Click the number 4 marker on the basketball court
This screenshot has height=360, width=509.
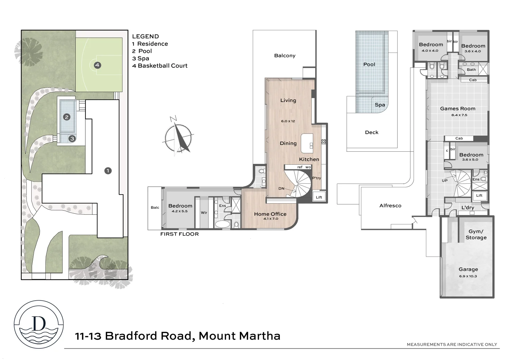tap(97, 65)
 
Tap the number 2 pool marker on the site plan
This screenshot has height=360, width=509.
tap(67, 117)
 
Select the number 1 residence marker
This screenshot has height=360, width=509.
tap(108, 171)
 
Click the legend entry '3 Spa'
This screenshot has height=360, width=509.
tap(141, 58)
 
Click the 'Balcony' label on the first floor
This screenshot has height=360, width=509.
tap(285, 56)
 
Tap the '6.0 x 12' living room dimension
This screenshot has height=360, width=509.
tap(288, 121)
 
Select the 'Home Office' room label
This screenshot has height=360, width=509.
tap(270, 214)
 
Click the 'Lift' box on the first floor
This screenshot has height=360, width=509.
tap(319, 197)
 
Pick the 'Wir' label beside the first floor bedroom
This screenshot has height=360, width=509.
tap(204, 213)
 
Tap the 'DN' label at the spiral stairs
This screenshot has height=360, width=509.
tap(281, 189)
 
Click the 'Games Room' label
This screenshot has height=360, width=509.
tap(458, 109)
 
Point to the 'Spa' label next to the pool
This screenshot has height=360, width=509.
tap(380, 105)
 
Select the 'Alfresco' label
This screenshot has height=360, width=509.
tap(390, 206)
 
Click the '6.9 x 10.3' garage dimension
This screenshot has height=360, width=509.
tap(468, 276)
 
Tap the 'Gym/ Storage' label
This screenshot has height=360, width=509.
tap(476, 235)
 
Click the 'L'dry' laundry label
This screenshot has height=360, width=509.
tap(468, 208)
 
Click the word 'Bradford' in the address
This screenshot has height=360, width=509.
tap(131, 336)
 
